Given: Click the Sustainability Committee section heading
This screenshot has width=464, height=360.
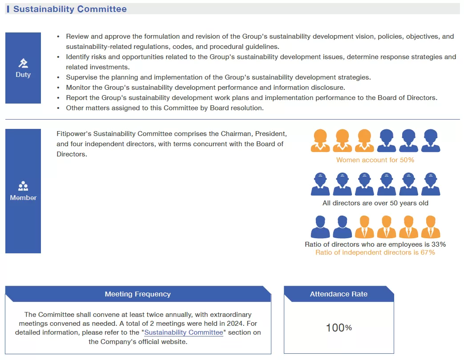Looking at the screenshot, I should coord(70,9).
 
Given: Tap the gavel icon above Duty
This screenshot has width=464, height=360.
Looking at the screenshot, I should coord(23,63).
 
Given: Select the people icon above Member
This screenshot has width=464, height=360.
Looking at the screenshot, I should coord(23,186).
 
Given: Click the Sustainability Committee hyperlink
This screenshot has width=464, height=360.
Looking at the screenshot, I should coord(183,332).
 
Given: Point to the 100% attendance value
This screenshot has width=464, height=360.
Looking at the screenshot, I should coord(339,328).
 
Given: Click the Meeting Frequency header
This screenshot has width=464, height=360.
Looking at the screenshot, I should coord(137,294).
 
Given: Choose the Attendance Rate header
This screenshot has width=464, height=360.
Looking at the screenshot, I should coord(339,294).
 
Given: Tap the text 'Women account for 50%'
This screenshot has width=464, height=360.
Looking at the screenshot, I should coord(375,160).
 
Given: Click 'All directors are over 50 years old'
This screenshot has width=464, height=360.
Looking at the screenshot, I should coord(375,204).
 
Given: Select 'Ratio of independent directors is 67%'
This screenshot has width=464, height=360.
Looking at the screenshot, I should coord(375,252).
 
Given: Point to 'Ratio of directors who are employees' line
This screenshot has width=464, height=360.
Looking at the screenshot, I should coord(375,244).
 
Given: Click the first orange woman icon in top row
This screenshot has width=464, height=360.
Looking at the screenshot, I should coord(320,141).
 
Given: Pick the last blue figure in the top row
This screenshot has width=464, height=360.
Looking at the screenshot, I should coord(431,141).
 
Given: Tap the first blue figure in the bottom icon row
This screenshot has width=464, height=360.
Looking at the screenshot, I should coord(320,227).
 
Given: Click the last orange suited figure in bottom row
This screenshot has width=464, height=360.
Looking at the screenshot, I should coord(431,227).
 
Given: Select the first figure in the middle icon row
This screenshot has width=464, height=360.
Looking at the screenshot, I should coord(320,184).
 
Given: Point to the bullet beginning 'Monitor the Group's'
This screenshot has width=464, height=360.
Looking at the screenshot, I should coord(205,88).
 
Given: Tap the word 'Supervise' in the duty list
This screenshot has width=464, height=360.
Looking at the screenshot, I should coord(81,77).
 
